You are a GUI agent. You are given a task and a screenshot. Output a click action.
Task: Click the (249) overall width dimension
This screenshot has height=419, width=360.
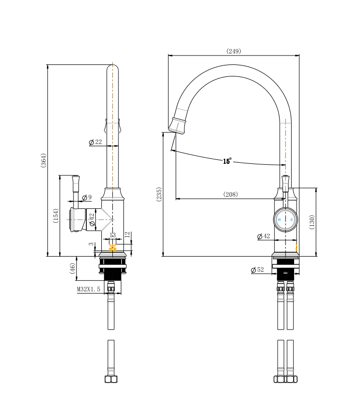click(x=234, y=51)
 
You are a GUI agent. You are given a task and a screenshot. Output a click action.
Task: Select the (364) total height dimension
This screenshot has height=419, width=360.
click(x=43, y=160)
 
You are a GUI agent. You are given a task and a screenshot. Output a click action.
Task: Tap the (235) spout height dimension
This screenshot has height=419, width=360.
click(x=159, y=195)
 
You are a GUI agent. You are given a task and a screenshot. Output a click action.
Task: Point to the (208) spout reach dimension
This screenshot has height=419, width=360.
click(x=231, y=194)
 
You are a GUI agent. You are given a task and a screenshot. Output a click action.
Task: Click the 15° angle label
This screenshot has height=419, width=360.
click(x=227, y=161)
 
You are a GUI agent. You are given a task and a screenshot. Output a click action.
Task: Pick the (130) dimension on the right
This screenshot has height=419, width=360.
click(x=312, y=222)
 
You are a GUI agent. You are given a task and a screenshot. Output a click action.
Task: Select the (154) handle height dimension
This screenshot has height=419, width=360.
click(x=56, y=215)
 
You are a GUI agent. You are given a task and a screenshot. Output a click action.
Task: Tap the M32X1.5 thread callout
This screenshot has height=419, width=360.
click(x=88, y=289)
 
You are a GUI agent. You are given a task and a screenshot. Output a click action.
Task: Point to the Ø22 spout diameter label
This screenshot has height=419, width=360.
click(x=95, y=142)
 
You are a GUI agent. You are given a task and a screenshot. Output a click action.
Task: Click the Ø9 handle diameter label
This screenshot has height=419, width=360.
click(x=86, y=198)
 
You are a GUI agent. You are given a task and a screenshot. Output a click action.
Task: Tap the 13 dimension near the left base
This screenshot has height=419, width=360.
click(x=112, y=234)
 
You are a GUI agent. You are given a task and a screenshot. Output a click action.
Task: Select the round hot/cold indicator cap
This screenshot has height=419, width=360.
click(x=285, y=219)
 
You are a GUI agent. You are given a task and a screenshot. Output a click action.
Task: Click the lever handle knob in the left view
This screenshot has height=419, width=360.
click(x=76, y=178)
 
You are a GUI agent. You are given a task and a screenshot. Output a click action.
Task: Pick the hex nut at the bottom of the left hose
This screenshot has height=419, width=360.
click(x=111, y=379)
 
